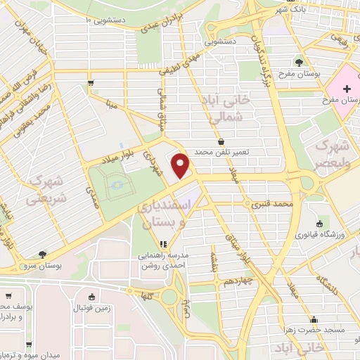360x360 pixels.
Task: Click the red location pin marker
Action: [181, 165]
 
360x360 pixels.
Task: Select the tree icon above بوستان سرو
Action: [43, 254]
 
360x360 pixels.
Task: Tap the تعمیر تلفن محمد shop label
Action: [243, 152]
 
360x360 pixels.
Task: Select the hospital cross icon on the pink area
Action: [345, 89]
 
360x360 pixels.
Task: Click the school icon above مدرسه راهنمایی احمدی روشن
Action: [163, 245]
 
